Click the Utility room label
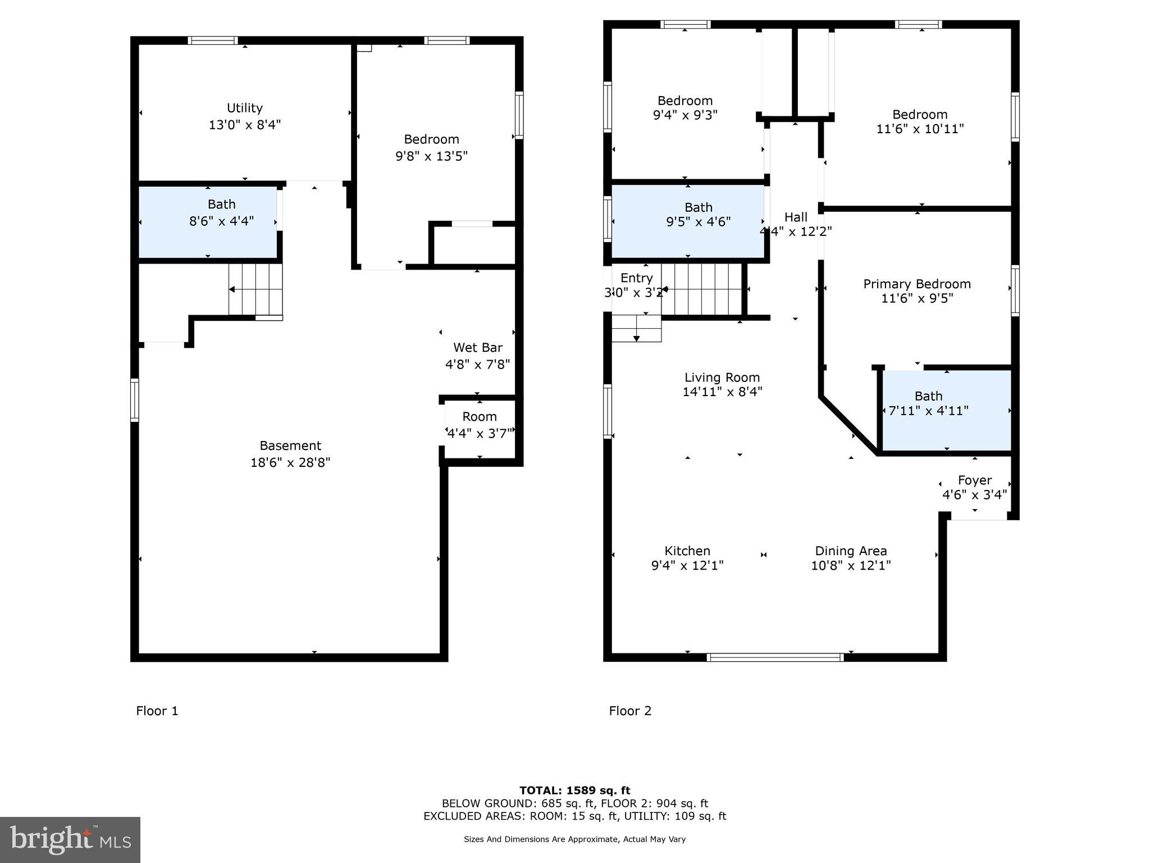tap(244, 108)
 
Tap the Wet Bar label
tap(477, 347)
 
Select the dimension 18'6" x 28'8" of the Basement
tap(290, 462)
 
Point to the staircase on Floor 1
tap(255, 290)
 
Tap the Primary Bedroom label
tap(916, 284)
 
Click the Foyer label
tap(974, 480)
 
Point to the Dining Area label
tap(851, 551)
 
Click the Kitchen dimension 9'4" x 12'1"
tap(687, 565)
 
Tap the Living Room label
tap(722, 378)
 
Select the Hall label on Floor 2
tap(796, 217)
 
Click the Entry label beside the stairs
tap(636, 278)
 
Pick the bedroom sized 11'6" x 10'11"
tap(920, 121)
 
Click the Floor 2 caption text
tap(630, 711)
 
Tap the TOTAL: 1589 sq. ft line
tap(574, 791)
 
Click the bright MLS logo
tap(70, 839)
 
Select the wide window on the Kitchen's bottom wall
tap(775, 657)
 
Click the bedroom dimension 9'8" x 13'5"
tap(431, 156)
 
